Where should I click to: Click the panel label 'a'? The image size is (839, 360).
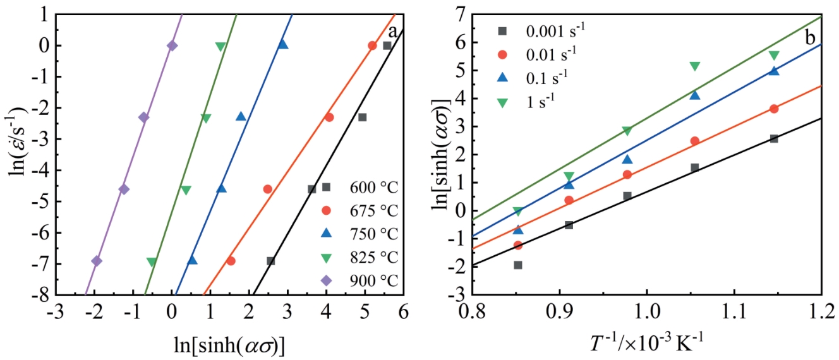coord(392,32)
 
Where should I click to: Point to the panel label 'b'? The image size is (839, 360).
coord(809,37)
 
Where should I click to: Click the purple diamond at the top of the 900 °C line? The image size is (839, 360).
coord(172,45)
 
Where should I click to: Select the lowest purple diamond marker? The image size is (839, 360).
coord(97,261)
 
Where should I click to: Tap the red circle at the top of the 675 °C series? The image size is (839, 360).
coord(372,45)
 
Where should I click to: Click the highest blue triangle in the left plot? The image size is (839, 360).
coord(283,44)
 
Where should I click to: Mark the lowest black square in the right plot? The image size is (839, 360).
coord(518,265)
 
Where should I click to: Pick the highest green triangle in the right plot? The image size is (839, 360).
coord(774,56)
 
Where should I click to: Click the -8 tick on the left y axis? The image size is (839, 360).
coord(43,295)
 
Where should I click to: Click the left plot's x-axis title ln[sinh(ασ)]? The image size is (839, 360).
coord(229,345)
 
